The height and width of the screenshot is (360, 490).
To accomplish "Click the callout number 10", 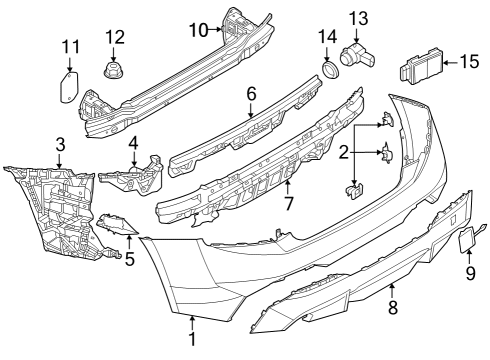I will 198,30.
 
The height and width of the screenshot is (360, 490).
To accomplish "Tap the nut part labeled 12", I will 114,73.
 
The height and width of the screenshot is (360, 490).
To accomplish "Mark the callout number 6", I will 251,93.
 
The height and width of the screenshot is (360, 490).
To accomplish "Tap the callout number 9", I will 469,270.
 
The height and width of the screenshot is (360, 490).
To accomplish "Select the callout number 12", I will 116,37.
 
